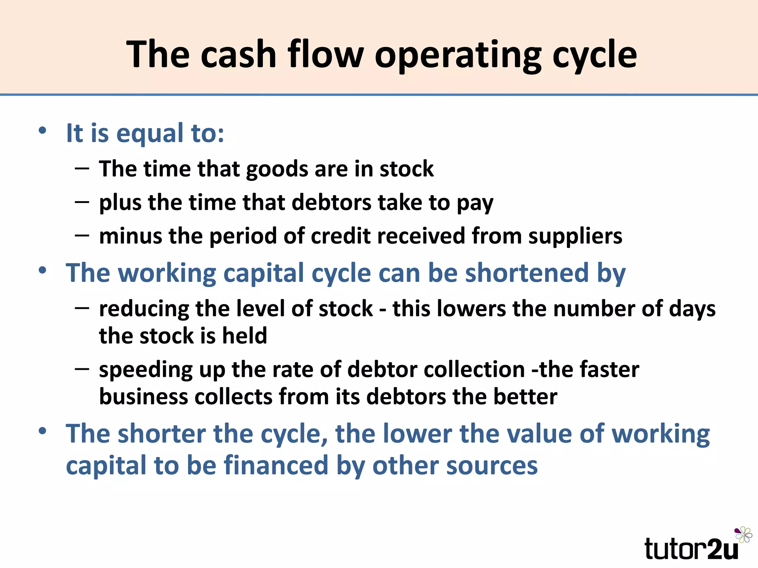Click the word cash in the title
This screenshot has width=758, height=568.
pyautogui.click(x=239, y=55)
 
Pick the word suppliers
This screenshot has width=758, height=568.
pyautogui.click(x=575, y=237)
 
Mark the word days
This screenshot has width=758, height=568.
pyautogui.click(x=692, y=309)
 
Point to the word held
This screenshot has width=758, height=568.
pyautogui.click(x=244, y=336)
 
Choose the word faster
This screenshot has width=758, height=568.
pyautogui.click(x=609, y=369)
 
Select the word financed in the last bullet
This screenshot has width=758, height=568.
pyautogui.click(x=276, y=465)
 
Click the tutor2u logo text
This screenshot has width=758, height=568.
pyautogui.click(x=691, y=549)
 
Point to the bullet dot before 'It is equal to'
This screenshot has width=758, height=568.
pyautogui.click(x=43, y=131)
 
